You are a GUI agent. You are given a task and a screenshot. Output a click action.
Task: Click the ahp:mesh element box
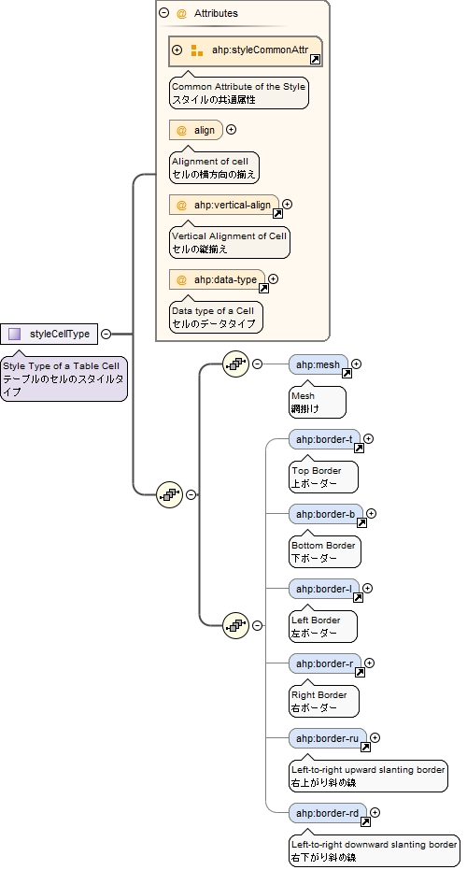pos(318,364)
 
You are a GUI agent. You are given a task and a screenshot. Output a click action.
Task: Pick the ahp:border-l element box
pos(323,589)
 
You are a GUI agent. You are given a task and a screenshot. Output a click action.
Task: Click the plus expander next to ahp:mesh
pos(356,364)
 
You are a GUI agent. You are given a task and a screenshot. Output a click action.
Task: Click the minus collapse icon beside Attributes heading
pos(164,13)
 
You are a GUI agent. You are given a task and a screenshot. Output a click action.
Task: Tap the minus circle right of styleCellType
pos(106,334)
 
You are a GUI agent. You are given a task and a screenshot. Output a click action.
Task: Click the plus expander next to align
pos(232,130)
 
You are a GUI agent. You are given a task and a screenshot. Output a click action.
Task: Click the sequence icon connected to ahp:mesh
pos(235,364)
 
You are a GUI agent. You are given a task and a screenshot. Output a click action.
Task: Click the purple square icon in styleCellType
pos(14,334)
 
